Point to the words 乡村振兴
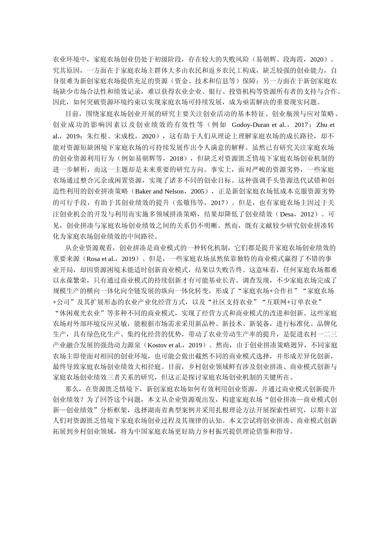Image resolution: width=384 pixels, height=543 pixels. (x=223, y=431)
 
